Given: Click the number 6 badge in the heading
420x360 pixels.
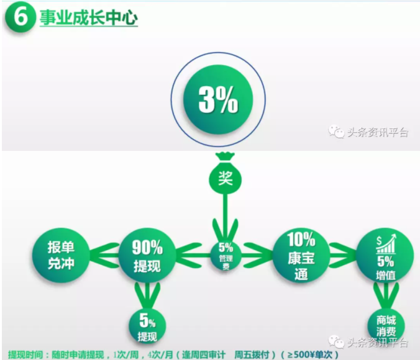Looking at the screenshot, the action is click(21, 17).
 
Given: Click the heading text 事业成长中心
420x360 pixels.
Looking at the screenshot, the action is click(89, 18).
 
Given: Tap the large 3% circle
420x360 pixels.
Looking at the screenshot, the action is click(218, 99).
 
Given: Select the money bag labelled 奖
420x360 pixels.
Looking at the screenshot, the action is click(226, 174).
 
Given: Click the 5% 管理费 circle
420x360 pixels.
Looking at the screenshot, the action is click(226, 256).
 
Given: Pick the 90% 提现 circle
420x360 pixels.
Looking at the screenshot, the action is click(147, 255).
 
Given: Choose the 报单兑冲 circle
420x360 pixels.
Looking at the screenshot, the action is click(61, 255).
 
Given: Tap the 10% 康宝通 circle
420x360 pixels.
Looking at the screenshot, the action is click(301, 255).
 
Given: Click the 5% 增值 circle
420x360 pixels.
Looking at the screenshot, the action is click(385, 255).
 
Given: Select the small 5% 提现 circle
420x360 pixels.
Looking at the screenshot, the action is click(147, 325).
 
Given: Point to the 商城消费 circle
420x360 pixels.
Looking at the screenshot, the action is click(386, 325).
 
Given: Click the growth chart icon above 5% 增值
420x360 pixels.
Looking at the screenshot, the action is click(386, 243).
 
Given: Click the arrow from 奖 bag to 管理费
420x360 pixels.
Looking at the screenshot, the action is click(226, 217).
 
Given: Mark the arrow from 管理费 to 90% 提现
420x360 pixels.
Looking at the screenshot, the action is click(193, 255).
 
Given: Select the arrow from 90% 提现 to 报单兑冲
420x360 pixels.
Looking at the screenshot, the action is click(104, 255).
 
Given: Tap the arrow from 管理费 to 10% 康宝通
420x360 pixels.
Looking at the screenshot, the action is click(257, 255).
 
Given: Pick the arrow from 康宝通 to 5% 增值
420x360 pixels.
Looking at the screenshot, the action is click(344, 255).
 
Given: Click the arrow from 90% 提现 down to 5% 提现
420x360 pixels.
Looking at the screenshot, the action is click(147, 296).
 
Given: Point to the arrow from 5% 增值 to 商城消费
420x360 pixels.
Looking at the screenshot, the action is click(386, 296).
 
